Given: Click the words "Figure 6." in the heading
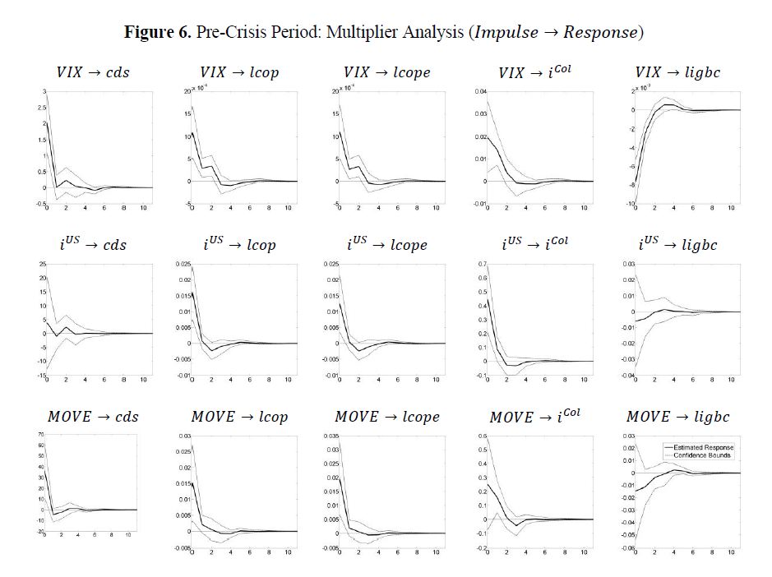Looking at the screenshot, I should coord(150,32).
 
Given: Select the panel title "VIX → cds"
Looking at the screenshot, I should coord(93,73).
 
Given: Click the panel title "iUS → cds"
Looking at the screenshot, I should coord(93,244).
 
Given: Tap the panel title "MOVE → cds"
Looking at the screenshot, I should coord(93,416).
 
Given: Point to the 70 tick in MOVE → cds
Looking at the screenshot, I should coord(40,433).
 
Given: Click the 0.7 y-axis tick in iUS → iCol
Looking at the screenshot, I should coord(481,264).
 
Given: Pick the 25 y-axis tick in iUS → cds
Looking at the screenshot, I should coord(41,264).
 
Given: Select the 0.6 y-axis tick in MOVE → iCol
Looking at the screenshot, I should coord(481,435).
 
